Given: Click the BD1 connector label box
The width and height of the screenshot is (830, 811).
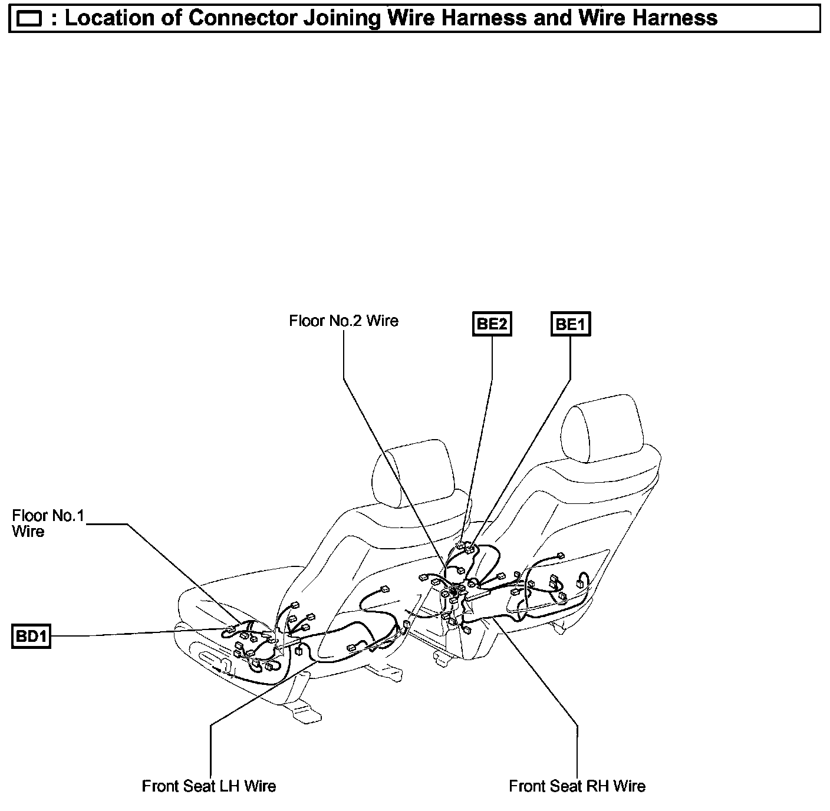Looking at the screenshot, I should [31, 637].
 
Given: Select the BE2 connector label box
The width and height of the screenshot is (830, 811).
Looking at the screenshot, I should [492, 324].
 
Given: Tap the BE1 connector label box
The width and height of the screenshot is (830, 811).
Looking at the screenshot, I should [571, 324].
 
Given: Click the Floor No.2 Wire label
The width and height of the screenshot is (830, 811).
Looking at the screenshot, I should [344, 321].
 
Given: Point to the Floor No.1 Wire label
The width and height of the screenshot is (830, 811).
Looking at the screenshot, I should [48, 523].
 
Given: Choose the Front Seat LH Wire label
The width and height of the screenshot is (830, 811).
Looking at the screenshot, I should [209, 786].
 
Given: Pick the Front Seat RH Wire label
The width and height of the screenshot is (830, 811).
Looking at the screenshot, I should [577, 786].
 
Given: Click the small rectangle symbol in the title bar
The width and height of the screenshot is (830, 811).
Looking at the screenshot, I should [29, 19].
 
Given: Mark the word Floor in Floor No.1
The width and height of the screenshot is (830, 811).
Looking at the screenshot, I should [29, 516].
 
